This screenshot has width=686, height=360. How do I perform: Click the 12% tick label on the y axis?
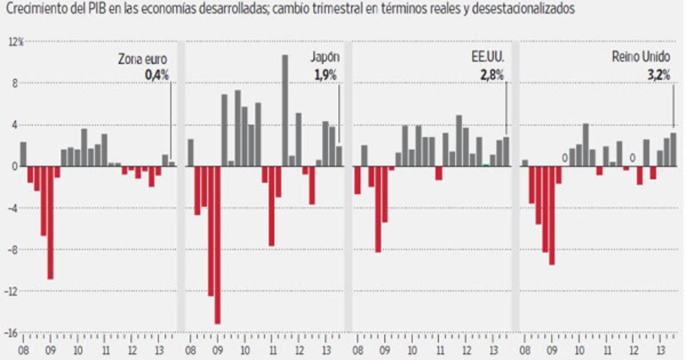tap(15, 42)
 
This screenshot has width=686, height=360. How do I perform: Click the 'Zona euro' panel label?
tap(143, 58)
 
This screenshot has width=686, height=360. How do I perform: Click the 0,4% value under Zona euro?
tap(157, 74)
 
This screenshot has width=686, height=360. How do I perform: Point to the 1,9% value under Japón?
tap(326, 74)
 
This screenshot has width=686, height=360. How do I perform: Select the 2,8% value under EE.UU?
tap(492, 74)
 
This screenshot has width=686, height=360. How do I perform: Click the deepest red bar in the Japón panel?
tap(218, 246)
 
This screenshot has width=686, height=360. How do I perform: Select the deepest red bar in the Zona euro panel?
tap(50, 223)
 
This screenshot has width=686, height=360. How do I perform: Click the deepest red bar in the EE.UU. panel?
tap(378, 209)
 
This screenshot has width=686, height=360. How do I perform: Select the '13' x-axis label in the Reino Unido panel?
tap(661, 350)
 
